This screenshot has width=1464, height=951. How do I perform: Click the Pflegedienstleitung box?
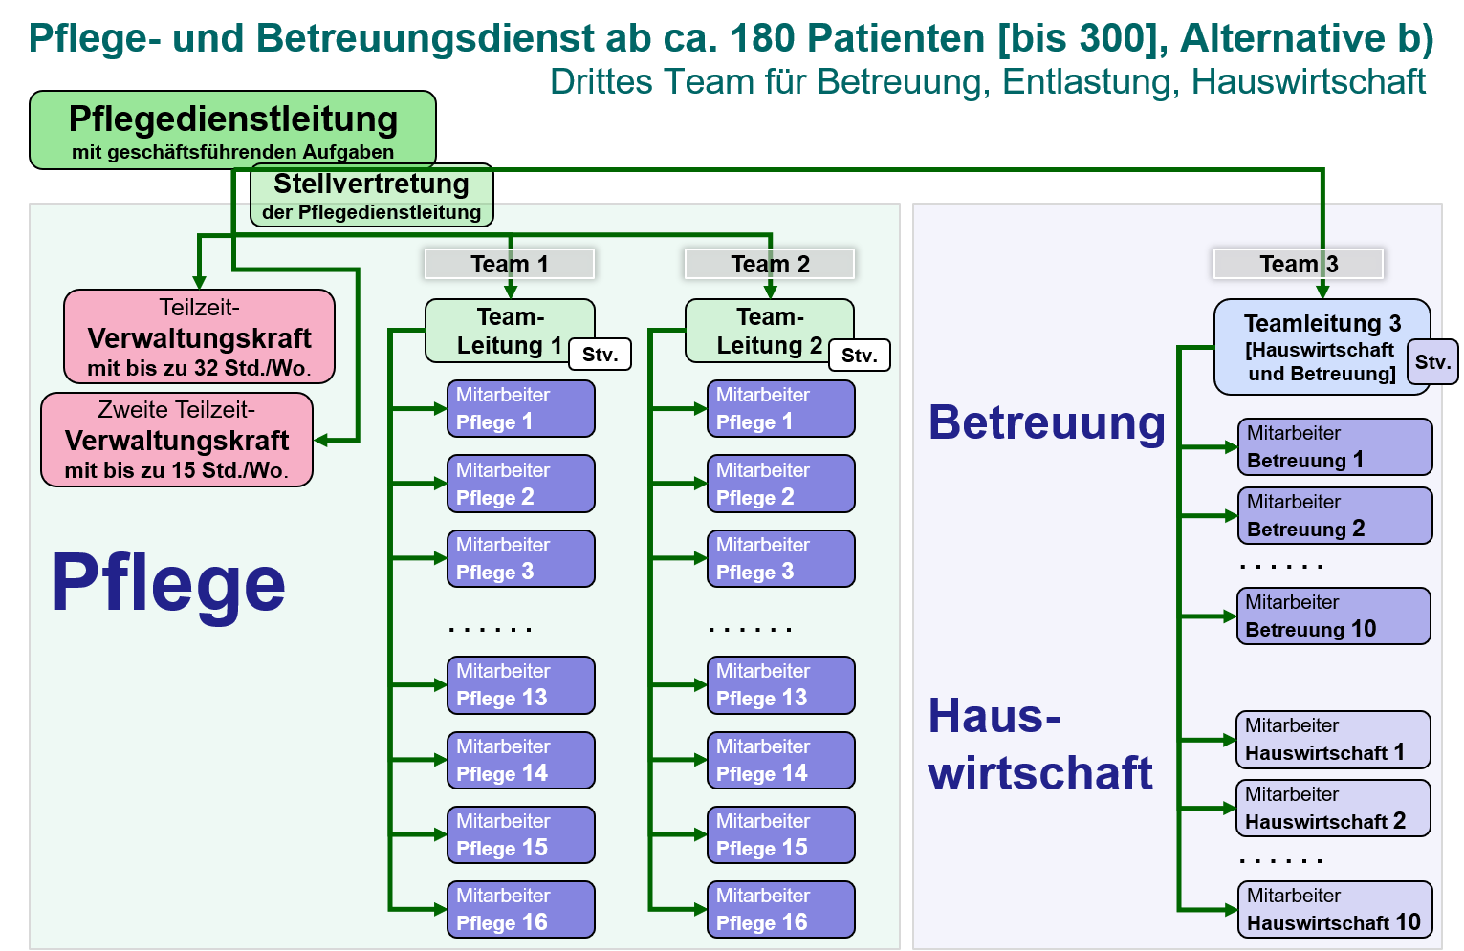[232, 130]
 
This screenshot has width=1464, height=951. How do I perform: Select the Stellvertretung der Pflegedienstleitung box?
[371, 195]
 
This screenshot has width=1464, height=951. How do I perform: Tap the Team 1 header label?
[510, 264]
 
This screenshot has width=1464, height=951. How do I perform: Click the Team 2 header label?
[770, 264]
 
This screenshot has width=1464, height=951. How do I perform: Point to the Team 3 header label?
[1299, 264]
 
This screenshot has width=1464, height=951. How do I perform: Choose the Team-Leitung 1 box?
[510, 331]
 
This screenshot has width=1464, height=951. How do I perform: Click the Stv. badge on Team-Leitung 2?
[860, 356]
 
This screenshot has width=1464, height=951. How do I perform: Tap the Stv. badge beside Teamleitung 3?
[1432, 362]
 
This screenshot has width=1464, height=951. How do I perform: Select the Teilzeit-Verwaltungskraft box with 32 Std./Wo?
[199, 336]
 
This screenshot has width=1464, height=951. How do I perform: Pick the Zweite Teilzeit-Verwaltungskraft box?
[177, 440]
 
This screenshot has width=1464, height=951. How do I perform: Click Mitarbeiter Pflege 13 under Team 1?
[521, 685]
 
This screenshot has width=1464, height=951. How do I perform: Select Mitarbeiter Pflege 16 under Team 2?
[781, 909]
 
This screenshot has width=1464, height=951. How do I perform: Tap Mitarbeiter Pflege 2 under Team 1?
[521, 484]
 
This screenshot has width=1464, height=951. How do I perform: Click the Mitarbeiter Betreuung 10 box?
[1334, 616]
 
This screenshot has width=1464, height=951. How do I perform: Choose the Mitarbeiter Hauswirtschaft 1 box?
[1333, 740]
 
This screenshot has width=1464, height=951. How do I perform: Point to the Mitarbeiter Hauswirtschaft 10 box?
[1335, 909]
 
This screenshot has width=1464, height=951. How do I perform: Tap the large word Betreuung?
[1047, 423]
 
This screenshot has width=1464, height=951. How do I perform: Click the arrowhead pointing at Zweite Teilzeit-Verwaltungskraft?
[320, 441]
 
